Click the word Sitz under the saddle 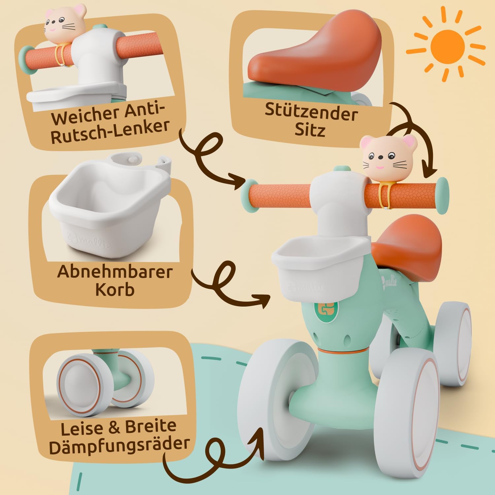pos(310,130)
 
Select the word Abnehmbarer pos(115,272)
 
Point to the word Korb pos(115,289)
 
